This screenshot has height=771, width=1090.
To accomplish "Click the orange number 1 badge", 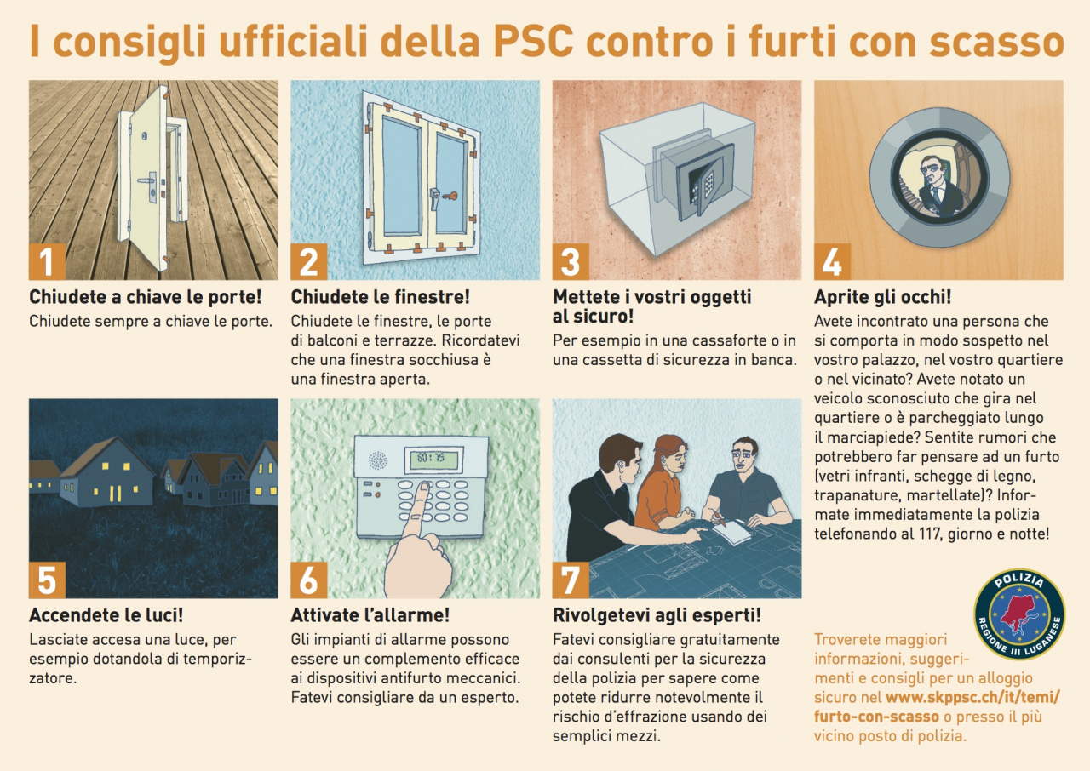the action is (47, 261).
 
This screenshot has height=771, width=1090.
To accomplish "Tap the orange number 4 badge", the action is (832, 261).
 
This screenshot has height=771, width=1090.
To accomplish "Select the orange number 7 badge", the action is (571, 580).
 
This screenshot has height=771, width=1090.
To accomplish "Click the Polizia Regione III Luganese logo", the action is (1019, 614).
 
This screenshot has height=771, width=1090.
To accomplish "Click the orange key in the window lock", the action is (450, 197).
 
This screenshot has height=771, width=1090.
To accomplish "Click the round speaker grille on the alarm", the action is (377, 460).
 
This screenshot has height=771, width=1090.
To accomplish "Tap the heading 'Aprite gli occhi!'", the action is (883, 296).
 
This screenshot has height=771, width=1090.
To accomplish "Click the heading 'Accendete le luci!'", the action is (106, 615).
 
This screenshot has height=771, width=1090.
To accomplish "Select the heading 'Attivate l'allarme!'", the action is (370, 615).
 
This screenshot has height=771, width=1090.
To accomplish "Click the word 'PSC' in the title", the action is (532, 41).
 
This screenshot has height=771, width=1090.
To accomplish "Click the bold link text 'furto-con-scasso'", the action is (876, 717).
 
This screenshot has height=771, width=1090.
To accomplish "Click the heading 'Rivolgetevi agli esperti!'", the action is (657, 615).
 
